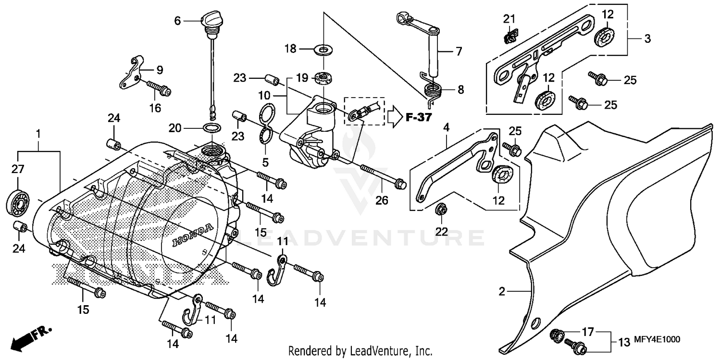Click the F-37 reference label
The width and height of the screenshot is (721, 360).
(x=418, y=117)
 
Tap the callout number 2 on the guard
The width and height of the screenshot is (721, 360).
(x=502, y=291)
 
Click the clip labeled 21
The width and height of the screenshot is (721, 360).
(x=510, y=36)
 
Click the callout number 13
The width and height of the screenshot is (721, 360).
(x=624, y=342)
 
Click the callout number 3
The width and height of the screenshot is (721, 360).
(x=647, y=39)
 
